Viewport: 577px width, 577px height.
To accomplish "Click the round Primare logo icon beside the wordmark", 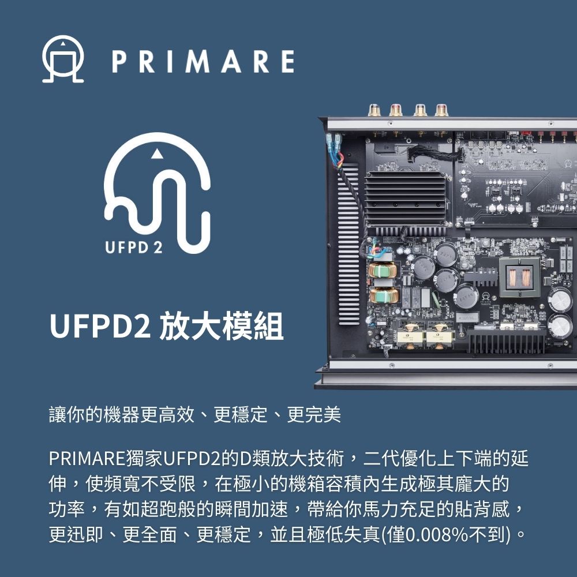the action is coord(63,59).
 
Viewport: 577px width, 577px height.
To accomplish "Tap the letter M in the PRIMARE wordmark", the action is coord(197,62).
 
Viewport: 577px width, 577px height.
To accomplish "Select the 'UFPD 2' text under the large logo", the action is coord(134,248).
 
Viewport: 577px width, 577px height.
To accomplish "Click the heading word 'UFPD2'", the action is coord(100,325).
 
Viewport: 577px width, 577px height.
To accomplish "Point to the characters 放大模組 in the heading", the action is coord(222,325).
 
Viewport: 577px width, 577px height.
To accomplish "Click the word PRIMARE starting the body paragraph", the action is coord(87,459).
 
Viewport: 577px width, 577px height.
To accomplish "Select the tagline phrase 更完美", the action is coord(314,414).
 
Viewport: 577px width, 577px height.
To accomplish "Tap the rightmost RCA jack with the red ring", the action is coord(442,110).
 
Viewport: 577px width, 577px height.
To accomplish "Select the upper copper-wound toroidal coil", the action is coord(383,270).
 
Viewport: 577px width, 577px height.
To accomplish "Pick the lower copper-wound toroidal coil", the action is coord(383,295).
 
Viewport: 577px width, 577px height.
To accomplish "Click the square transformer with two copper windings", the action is coord(519,276).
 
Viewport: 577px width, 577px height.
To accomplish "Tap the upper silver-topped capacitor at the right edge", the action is coord(560,300).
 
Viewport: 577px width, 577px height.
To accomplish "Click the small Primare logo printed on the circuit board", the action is coord(486,297).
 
